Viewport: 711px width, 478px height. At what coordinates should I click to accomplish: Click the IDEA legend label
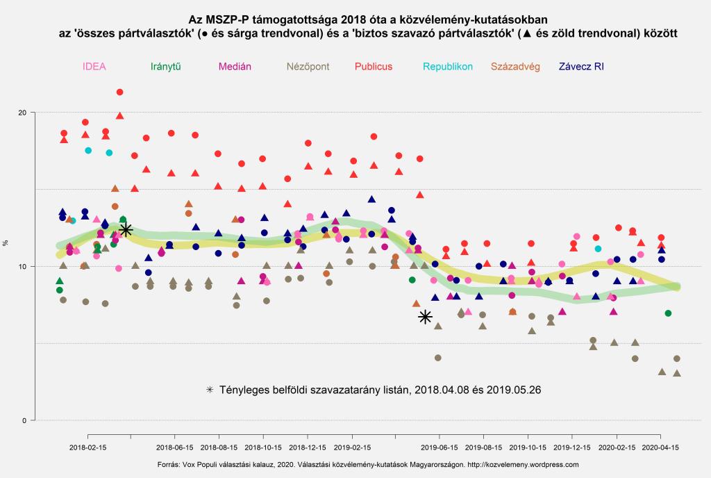coord(94,67)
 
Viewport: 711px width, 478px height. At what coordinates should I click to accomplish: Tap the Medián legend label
coord(235,67)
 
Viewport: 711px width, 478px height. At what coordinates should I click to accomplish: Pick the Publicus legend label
coord(374,67)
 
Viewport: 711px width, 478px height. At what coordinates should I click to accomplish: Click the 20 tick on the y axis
coord(22,113)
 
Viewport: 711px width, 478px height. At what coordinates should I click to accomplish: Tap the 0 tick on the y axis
coord(24,420)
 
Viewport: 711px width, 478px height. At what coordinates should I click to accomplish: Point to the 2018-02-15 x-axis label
coord(87,448)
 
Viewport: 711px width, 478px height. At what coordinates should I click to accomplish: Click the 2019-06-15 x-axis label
coord(440,448)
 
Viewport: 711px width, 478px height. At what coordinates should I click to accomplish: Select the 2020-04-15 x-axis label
coord(660,448)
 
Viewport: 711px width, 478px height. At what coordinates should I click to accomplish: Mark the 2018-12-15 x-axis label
coord(308,448)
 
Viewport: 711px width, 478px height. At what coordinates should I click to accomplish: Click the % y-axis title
coord(6,243)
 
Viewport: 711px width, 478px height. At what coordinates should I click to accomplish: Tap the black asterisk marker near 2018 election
coord(126,230)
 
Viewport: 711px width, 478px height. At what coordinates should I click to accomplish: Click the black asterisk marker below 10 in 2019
coord(426,317)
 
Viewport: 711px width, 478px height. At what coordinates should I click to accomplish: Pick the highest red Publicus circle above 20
coord(119,92)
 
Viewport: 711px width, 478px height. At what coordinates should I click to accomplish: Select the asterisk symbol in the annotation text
coord(210,390)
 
